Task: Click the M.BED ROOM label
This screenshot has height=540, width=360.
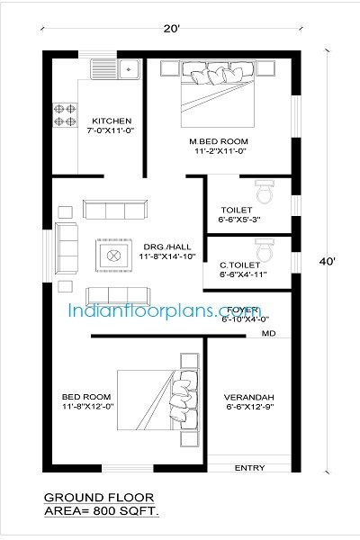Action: [219, 142]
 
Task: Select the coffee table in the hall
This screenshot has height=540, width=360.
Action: [115, 256]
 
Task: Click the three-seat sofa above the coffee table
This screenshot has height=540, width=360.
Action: [114, 210]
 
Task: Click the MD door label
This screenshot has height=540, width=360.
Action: [268, 333]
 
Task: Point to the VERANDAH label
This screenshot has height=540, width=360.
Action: [248, 396]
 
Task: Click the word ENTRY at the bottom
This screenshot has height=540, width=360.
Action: [249, 468]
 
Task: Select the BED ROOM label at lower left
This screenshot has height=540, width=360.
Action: [86, 396]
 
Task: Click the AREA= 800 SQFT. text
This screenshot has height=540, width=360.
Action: [99, 510]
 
